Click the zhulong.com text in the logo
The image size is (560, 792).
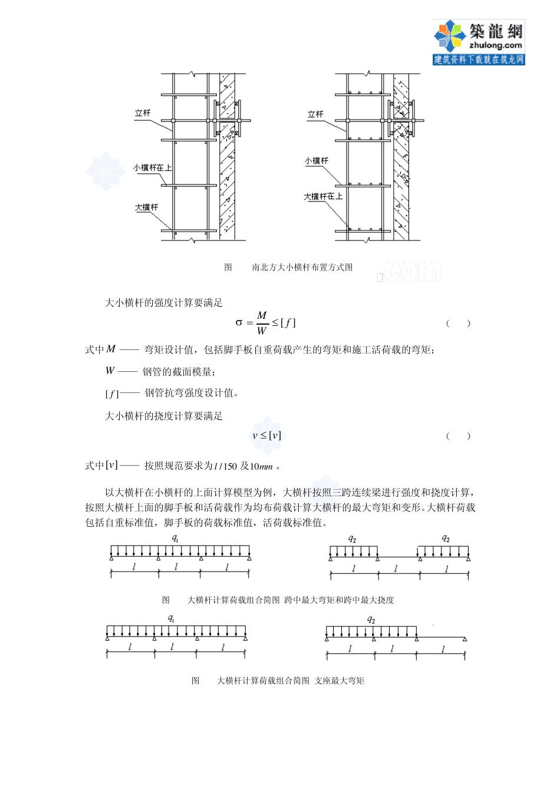495,45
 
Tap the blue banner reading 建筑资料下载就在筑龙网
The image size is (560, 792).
479,60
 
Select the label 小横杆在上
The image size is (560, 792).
152,168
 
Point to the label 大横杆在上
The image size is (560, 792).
322,197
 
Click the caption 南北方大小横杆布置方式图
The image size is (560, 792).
302,268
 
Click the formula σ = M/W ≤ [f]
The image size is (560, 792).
265,323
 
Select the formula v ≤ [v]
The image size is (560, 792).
266,436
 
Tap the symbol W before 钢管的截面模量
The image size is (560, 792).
110,371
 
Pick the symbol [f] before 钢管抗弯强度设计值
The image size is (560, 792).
111,394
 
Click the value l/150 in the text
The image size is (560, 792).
225,467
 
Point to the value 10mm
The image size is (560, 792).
261,467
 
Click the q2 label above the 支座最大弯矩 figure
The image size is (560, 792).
371,619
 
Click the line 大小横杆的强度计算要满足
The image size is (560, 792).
164,303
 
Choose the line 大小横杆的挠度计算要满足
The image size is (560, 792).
164,416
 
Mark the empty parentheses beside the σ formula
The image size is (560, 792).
458,324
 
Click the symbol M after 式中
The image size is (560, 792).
111,349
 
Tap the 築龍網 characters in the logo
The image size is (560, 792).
495,31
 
